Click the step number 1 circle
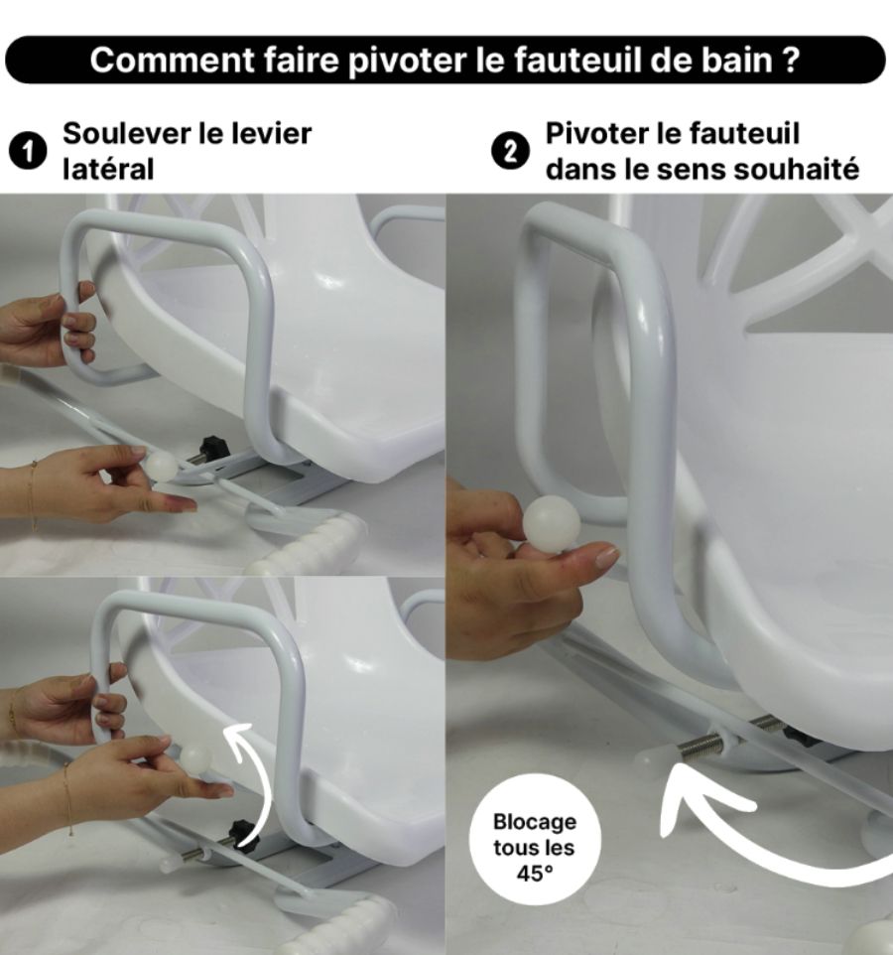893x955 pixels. pos(28,152)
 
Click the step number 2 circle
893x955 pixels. pos(509,152)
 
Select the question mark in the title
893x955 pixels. pos(790,60)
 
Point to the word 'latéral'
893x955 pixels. pos(108,169)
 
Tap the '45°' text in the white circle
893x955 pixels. pos(536,874)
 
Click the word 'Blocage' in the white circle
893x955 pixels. pos(535,822)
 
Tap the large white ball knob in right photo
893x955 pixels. pos(552,524)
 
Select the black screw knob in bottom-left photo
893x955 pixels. pos(245,833)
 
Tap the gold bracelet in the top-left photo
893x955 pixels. pos(33,496)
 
